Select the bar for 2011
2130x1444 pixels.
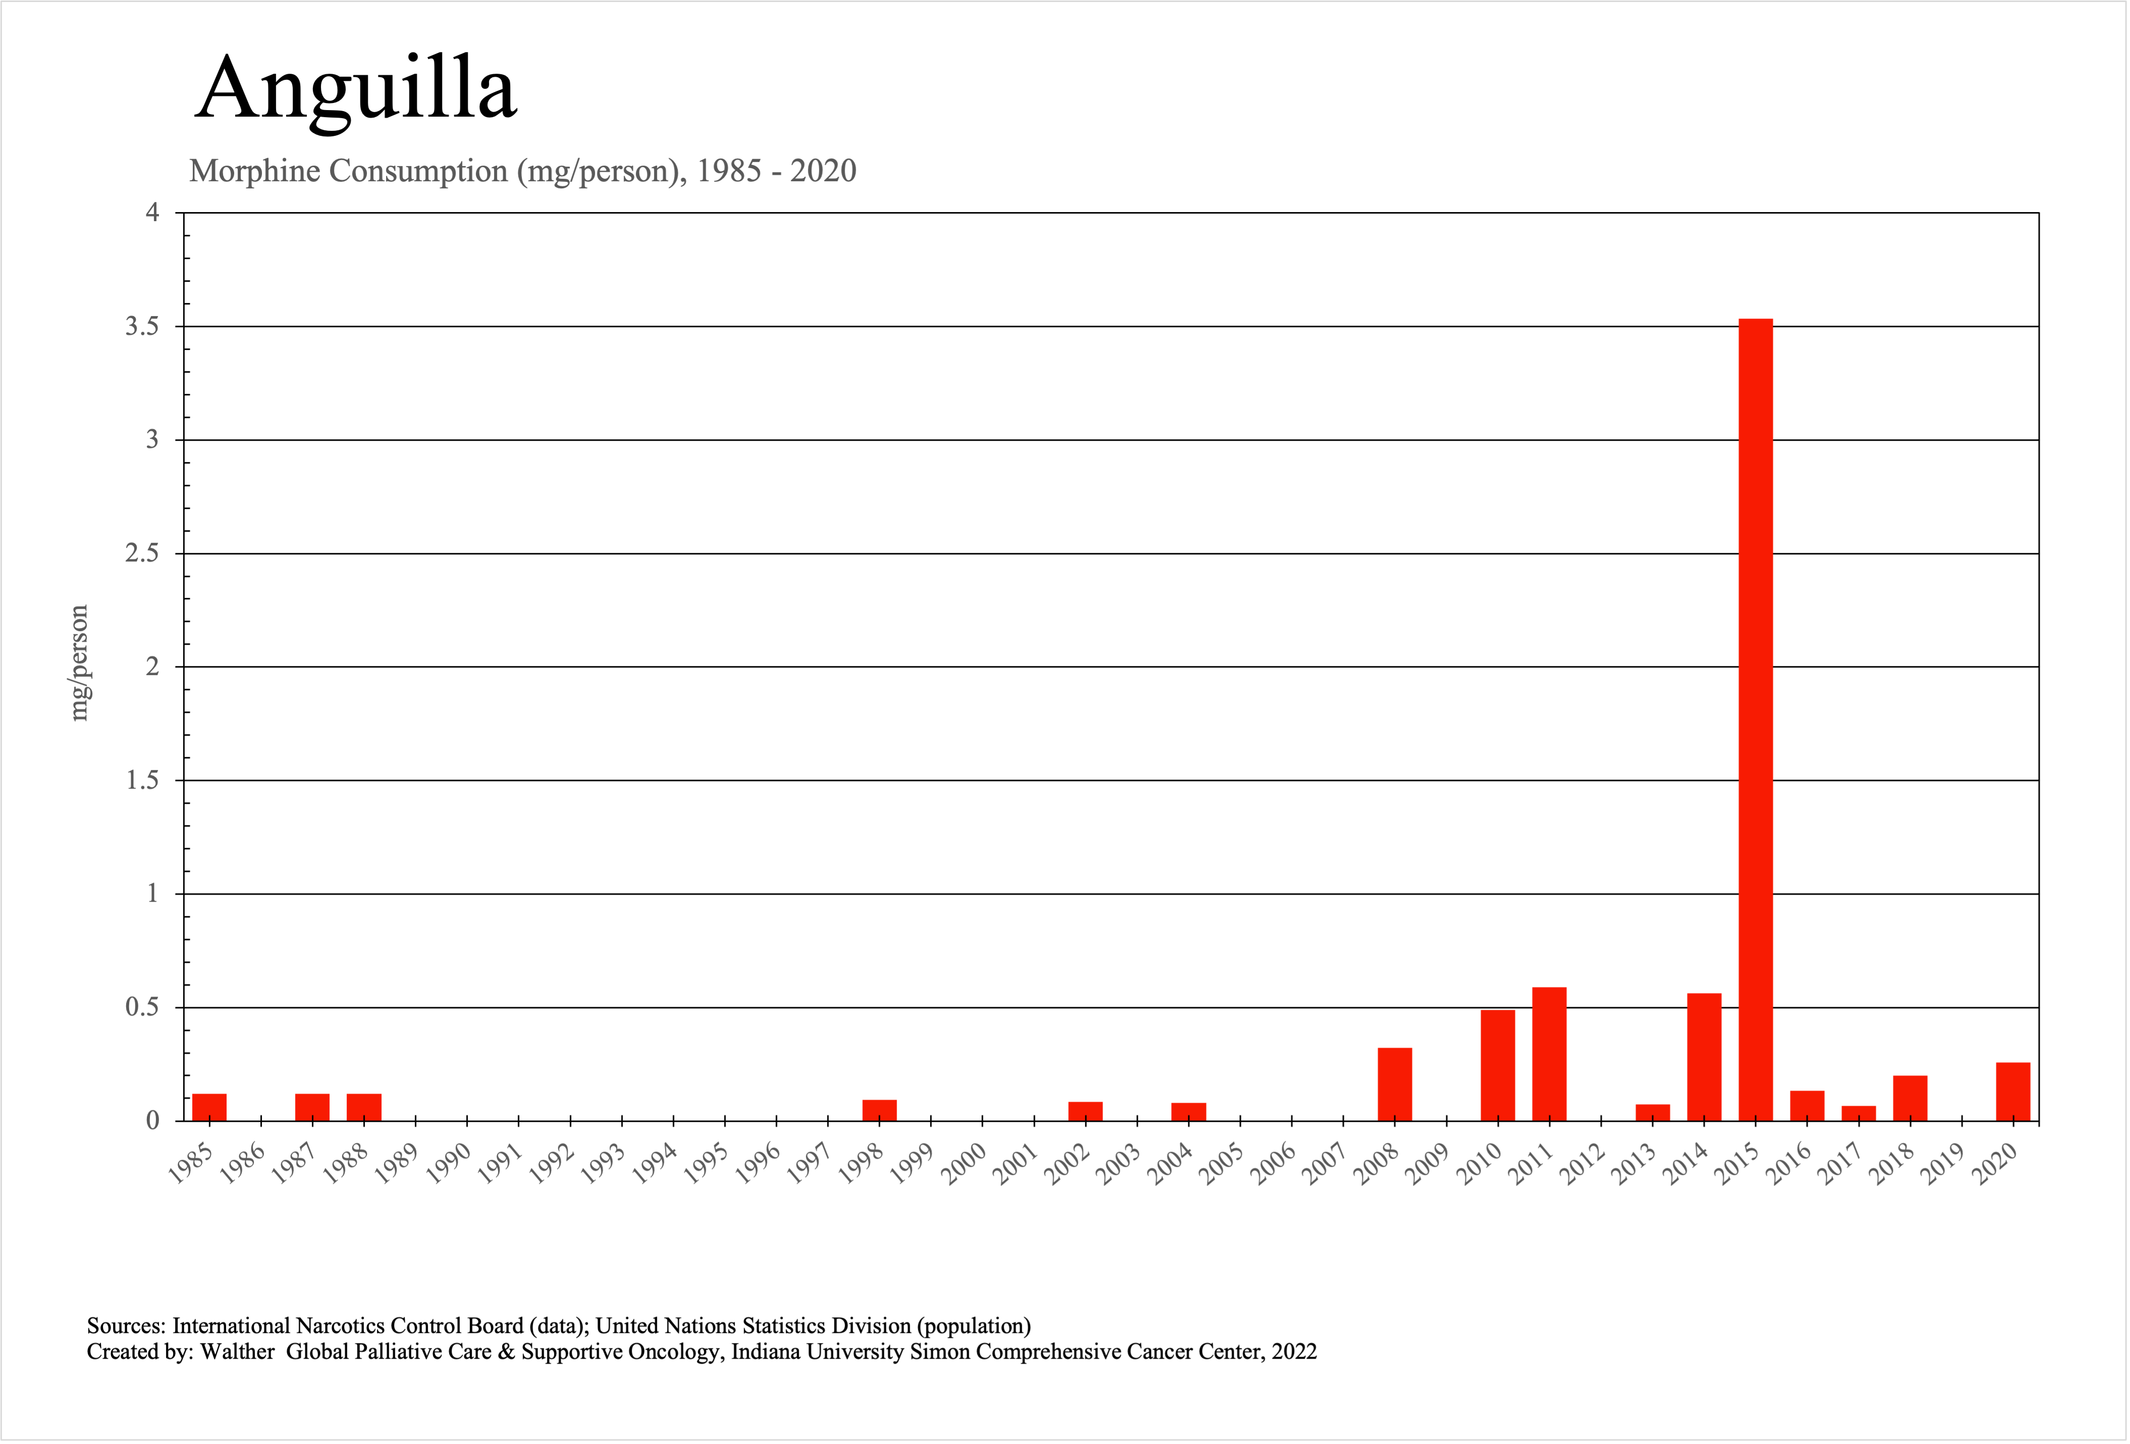(1549, 1054)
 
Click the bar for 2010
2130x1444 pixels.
(1498, 1065)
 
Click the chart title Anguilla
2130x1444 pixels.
(356, 89)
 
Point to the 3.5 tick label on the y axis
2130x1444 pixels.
(142, 326)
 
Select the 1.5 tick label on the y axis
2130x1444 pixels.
(142, 780)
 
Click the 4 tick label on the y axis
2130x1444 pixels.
(152, 213)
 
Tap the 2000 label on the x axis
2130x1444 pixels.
(964, 1164)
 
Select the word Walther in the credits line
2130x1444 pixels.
(237, 1352)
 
